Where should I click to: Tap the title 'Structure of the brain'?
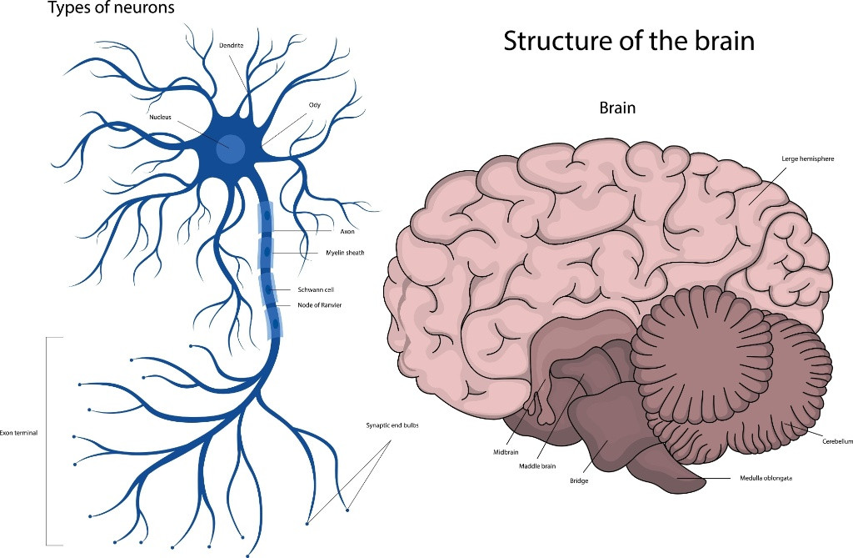(x=629, y=41)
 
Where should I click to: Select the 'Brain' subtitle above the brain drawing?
(x=617, y=108)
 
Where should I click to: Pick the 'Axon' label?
(x=347, y=231)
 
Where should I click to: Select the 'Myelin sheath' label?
(x=344, y=252)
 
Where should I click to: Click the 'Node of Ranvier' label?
(x=319, y=305)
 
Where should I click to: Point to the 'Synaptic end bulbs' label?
(x=392, y=425)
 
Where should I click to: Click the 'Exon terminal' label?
(x=19, y=433)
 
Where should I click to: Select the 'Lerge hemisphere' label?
(x=807, y=158)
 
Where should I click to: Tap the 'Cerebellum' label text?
(x=837, y=440)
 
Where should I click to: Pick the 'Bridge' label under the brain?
(x=579, y=481)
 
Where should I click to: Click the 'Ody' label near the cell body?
(x=315, y=105)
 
